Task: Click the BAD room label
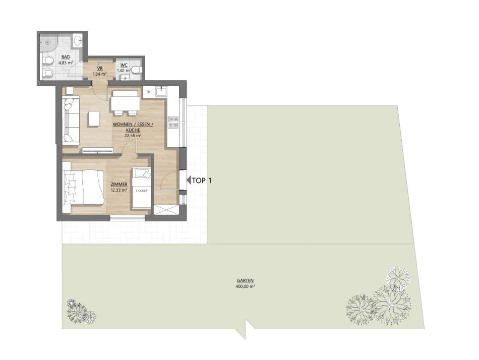pyautogui.click(x=66, y=57)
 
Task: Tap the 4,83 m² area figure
pyautogui.click(x=66, y=63)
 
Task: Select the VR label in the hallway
pyautogui.click(x=99, y=68)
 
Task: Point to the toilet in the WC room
pyautogui.click(x=137, y=70)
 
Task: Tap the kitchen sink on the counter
pyautogui.click(x=161, y=91)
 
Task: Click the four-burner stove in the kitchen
pyautogui.click(x=173, y=122)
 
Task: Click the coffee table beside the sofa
pyautogui.click(x=94, y=118)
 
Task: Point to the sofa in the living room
pyautogui.click(x=71, y=119)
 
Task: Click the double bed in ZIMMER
pyautogui.click(x=83, y=187)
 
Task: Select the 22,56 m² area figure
pyautogui.click(x=133, y=136)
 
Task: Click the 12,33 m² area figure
pyautogui.click(x=119, y=190)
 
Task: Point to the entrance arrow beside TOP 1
pyautogui.click(x=189, y=181)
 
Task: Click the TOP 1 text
pyautogui.click(x=202, y=181)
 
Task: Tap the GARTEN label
pyautogui.click(x=246, y=280)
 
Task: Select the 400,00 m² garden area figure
pyautogui.click(x=246, y=286)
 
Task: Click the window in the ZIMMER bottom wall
pyautogui.click(x=127, y=217)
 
